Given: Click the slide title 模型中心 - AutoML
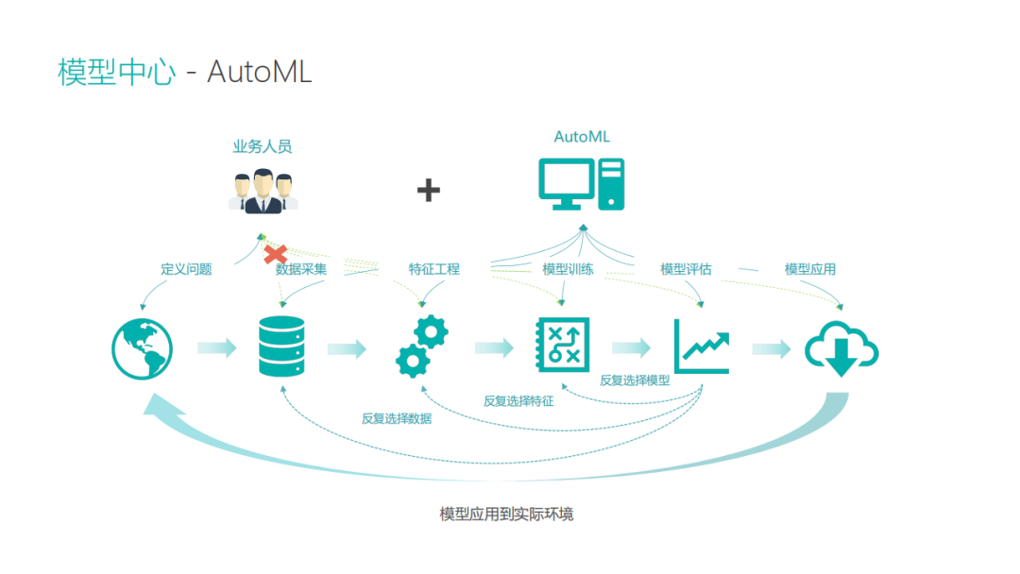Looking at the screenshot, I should point(184,72).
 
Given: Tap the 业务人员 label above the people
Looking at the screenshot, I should point(262,146).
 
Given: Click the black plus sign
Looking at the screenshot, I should point(429,191).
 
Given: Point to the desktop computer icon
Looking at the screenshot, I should point(581,184).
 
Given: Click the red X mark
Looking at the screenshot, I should point(275,254).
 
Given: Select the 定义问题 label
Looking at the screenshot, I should point(186,269).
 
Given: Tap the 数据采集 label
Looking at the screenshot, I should point(301,269).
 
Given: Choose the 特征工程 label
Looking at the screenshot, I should point(433,269).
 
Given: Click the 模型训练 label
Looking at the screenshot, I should point(568,269).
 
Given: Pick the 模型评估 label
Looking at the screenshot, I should point(686,269).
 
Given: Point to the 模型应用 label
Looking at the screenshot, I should point(809,269).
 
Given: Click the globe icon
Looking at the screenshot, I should point(142,347).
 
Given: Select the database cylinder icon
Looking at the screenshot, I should point(281,347).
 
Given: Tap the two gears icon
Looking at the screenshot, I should point(420,347).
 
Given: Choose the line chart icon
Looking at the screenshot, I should point(701,346).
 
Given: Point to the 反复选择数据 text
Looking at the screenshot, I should point(396,418).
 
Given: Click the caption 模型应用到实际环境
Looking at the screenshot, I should point(506,515).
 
